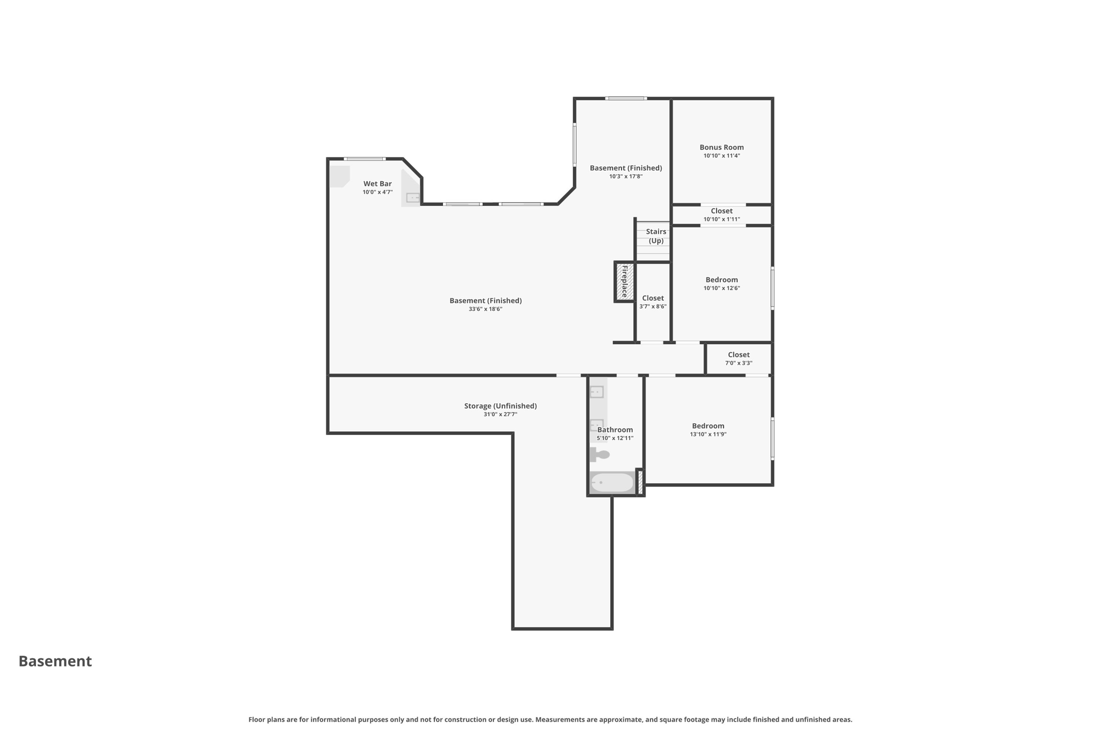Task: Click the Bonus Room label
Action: (x=721, y=147)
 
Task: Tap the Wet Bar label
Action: (x=377, y=183)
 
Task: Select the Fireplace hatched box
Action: (x=624, y=282)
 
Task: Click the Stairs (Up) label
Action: (x=656, y=236)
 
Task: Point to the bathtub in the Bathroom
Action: (x=612, y=482)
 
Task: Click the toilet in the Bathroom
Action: (x=601, y=454)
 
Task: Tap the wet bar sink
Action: (x=412, y=198)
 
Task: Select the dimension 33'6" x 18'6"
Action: (x=485, y=309)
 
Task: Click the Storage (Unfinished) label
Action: (x=500, y=406)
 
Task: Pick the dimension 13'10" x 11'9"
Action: (x=708, y=434)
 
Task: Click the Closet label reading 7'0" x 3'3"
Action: (x=739, y=354)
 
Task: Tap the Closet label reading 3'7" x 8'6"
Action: (x=653, y=298)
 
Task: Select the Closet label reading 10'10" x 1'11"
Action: (x=721, y=211)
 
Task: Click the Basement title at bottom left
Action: (x=55, y=661)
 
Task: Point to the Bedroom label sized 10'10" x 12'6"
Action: (x=721, y=280)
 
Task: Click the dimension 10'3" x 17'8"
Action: (x=626, y=176)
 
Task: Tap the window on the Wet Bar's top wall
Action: (x=364, y=159)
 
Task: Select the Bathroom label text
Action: (x=615, y=430)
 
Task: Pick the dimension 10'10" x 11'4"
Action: (x=721, y=156)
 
